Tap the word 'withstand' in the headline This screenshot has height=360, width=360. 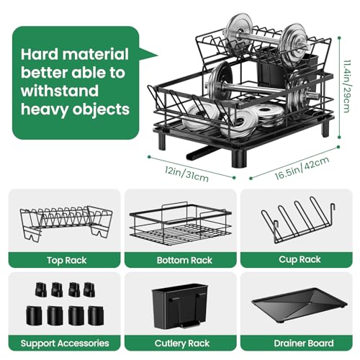tap(57, 91)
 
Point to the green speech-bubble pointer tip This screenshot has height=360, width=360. tap(156, 53)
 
